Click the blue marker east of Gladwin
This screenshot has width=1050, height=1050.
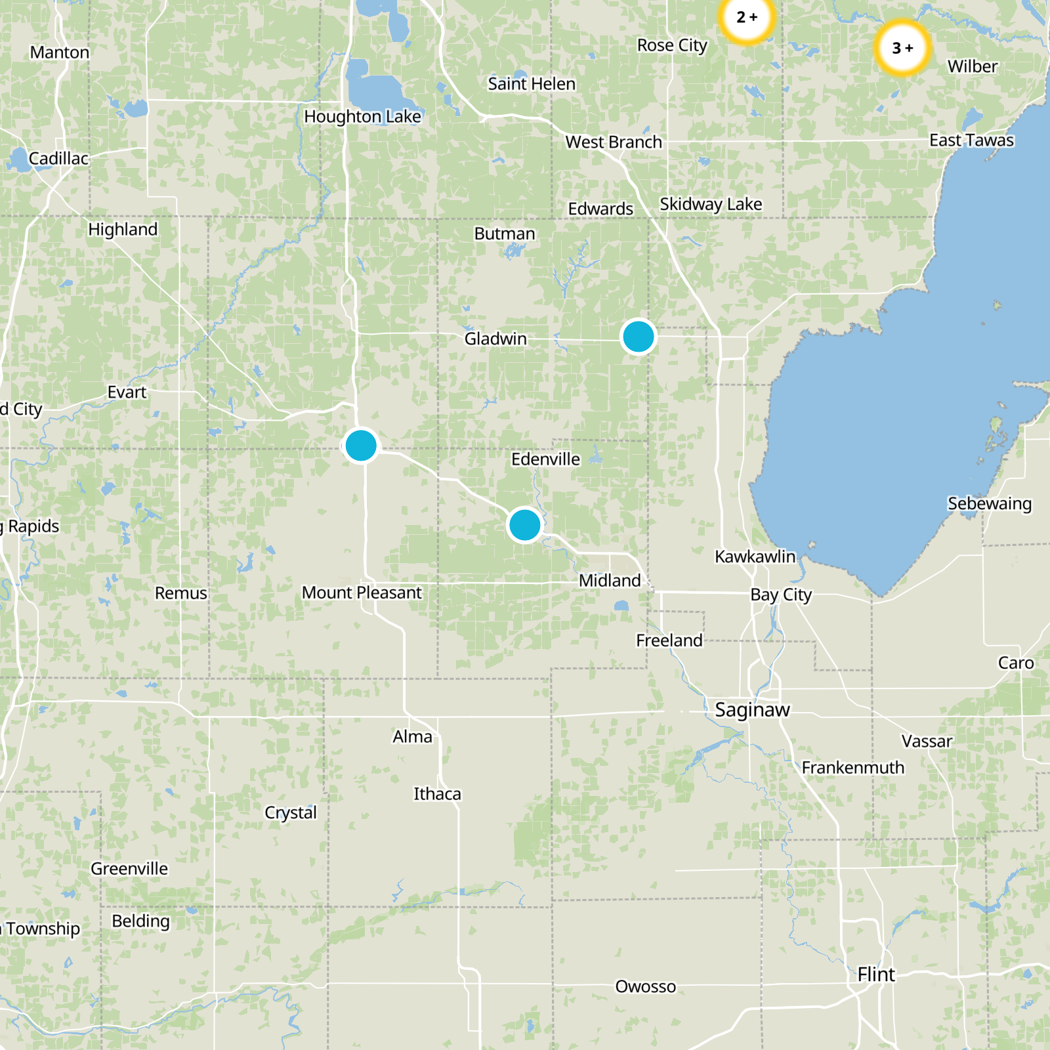pyautogui.click(x=638, y=337)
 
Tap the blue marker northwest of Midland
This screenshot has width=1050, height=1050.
pyautogui.click(x=524, y=525)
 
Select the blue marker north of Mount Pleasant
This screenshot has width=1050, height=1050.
pyautogui.click(x=360, y=446)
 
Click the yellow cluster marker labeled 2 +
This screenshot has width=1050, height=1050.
pyautogui.click(x=747, y=18)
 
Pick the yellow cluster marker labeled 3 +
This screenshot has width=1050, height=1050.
pyautogui.click(x=902, y=48)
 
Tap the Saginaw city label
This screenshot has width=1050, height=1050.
pyautogui.click(x=752, y=709)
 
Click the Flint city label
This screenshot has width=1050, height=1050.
pyautogui.click(x=875, y=975)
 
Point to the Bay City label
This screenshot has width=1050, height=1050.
pyautogui.click(x=781, y=595)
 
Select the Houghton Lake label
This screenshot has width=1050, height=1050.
pyautogui.click(x=362, y=116)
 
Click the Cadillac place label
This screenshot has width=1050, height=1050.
pyautogui.click(x=58, y=158)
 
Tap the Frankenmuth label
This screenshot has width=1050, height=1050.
pyautogui.click(x=852, y=767)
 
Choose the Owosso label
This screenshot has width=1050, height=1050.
pyautogui.click(x=645, y=986)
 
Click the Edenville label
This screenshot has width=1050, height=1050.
pyautogui.click(x=545, y=459)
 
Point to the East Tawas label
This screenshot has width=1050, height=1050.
pyautogui.click(x=971, y=140)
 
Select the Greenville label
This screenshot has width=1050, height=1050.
pyautogui.click(x=129, y=868)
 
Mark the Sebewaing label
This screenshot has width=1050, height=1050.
pyautogui.click(x=989, y=503)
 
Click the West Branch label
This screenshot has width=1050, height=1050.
pyautogui.click(x=614, y=142)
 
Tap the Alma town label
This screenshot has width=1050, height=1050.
pyautogui.click(x=412, y=736)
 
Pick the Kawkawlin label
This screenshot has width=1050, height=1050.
pyautogui.click(x=755, y=556)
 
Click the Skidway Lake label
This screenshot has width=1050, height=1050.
pyautogui.click(x=711, y=204)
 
